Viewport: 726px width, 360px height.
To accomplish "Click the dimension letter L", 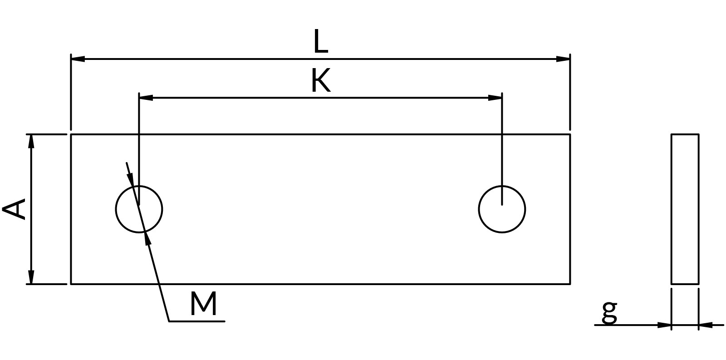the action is [321, 41].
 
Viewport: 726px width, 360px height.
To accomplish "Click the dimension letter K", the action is [321, 80].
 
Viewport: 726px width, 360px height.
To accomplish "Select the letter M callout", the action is [203, 304].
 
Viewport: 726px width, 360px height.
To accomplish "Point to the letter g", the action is [609, 312].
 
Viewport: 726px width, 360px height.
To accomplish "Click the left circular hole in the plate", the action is [116, 209].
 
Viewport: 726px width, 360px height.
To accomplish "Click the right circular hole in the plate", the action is [479, 209].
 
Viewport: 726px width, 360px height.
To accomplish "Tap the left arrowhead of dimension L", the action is [78, 59].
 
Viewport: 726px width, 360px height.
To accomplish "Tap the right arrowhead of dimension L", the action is [563, 59].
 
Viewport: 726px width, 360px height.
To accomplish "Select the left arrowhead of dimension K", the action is [146, 98].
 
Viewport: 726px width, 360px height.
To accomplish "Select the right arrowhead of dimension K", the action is [495, 98].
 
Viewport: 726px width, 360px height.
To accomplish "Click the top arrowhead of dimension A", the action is [31, 141].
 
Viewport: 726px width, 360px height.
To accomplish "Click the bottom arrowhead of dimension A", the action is [31, 277].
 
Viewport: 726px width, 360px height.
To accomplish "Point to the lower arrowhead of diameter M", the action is [147, 239].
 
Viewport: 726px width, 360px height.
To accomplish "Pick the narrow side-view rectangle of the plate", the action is [671, 209].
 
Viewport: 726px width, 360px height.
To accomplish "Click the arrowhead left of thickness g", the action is [664, 325].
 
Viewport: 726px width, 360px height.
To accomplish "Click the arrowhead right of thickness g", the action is [706, 325].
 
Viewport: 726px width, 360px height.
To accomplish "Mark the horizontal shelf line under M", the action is [197, 321].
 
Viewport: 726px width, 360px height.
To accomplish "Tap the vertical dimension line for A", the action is [31, 209].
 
